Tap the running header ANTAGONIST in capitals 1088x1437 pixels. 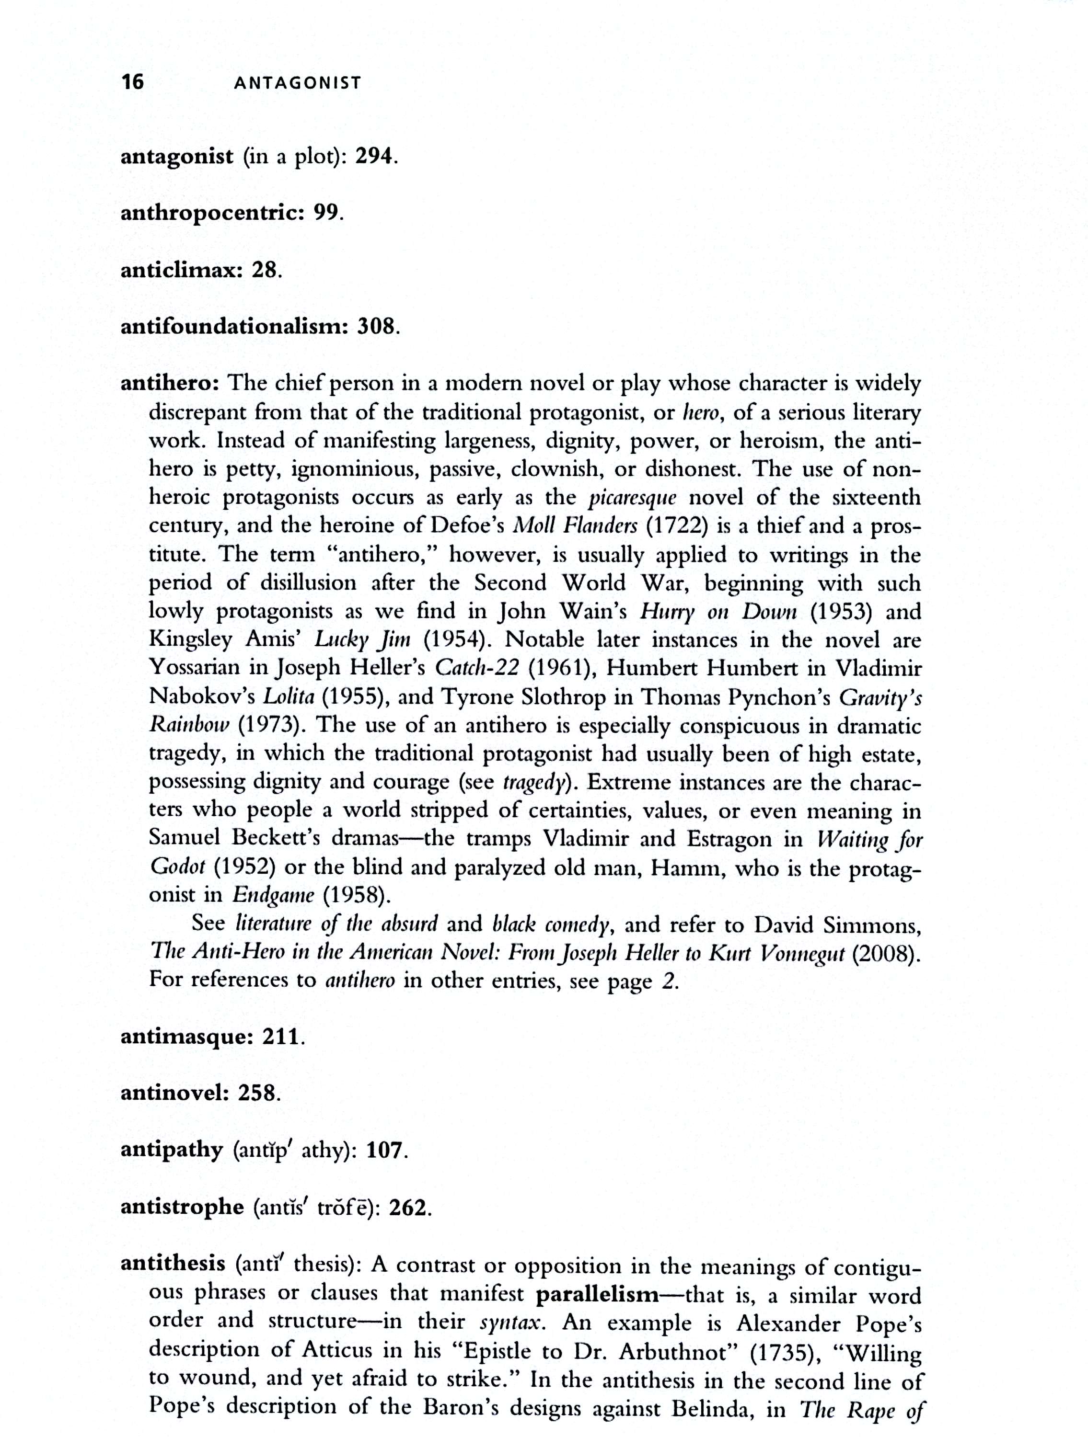(x=297, y=83)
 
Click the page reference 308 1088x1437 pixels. (x=376, y=326)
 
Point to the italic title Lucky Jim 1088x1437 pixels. (x=363, y=639)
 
